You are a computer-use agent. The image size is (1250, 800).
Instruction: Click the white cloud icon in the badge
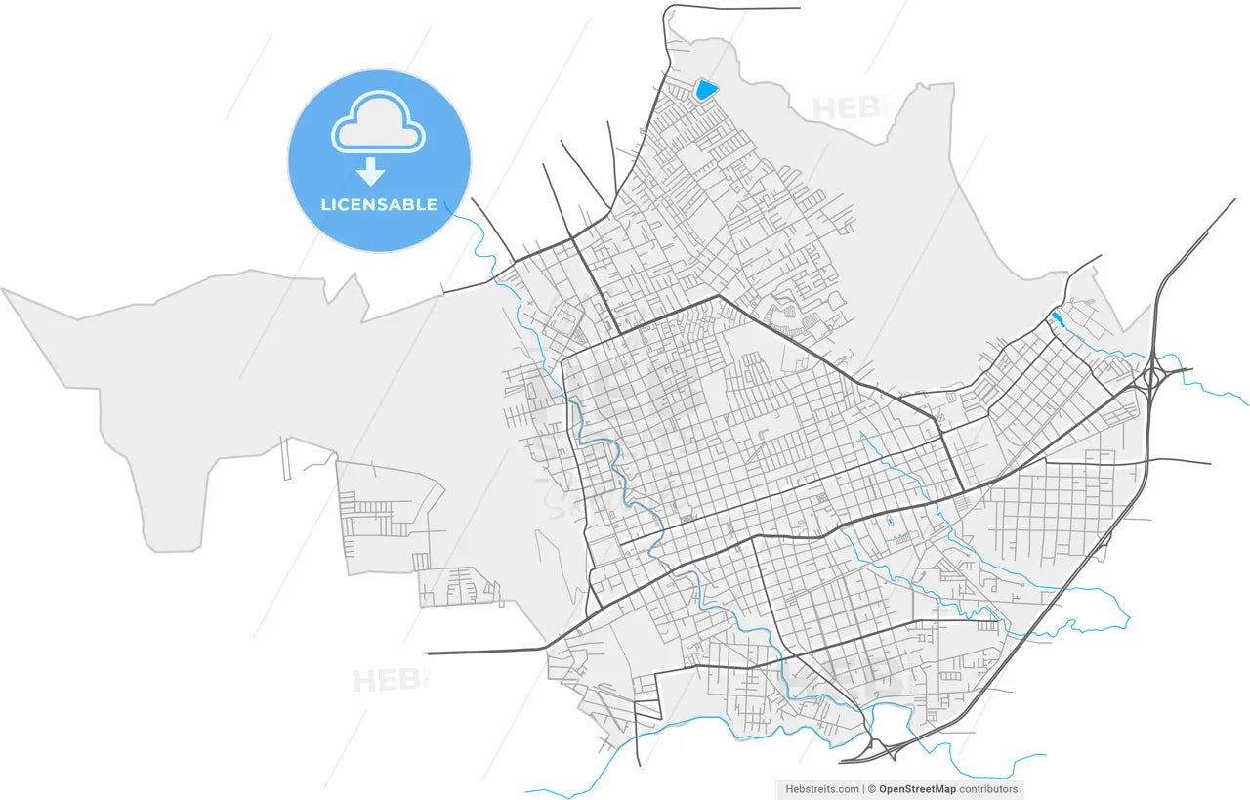[x=379, y=123]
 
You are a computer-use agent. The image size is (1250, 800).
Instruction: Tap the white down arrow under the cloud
[x=370, y=173]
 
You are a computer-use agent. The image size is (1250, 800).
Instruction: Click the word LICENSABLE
[x=379, y=205]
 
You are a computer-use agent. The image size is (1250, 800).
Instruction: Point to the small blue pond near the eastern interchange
[x=1056, y=318]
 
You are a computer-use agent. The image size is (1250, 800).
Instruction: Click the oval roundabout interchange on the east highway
[x=1153, y=375]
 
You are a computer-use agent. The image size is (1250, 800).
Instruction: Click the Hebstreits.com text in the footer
[x=822, y=789]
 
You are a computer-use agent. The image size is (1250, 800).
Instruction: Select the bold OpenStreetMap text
[x=917, y=789]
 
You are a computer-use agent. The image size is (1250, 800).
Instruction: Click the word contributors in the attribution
[x=988, y=789]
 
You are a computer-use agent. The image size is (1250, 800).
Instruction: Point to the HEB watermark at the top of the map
[x=846, y=108]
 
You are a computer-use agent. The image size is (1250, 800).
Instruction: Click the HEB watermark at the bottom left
[x=389, y=680]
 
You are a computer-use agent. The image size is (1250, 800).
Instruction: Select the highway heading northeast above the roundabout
[x=1196, y=240]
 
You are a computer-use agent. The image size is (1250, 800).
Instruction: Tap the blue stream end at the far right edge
[x=1242, y=401]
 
